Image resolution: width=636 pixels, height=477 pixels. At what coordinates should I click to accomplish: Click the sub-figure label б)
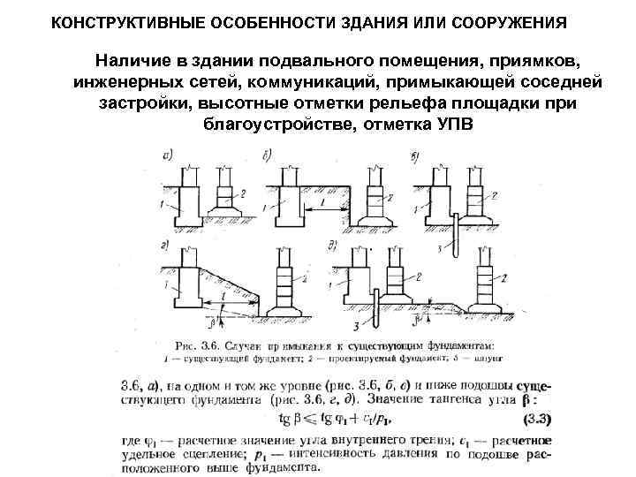[x=267, y=156]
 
